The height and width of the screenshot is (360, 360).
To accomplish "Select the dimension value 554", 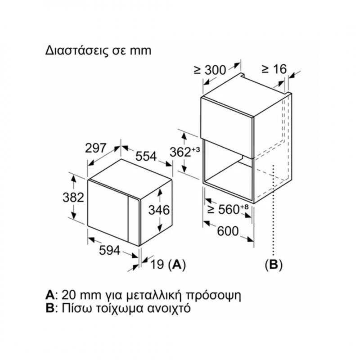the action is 146,156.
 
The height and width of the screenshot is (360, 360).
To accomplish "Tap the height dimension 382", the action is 73,197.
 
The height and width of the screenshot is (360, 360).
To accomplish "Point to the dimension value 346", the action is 159,210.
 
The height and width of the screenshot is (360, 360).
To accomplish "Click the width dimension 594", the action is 110,250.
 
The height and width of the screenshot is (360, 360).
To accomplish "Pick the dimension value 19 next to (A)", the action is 157,264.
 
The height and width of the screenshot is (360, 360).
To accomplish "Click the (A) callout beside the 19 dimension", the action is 176,264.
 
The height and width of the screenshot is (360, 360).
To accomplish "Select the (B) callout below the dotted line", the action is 274,264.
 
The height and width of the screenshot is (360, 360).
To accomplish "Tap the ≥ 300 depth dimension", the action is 210,70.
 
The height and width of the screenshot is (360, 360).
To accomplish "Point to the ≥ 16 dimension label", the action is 274,69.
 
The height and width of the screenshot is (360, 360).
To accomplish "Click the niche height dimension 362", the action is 180,152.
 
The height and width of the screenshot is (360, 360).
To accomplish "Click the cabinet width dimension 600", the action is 228,231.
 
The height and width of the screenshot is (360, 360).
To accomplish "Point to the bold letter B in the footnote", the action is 49,308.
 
